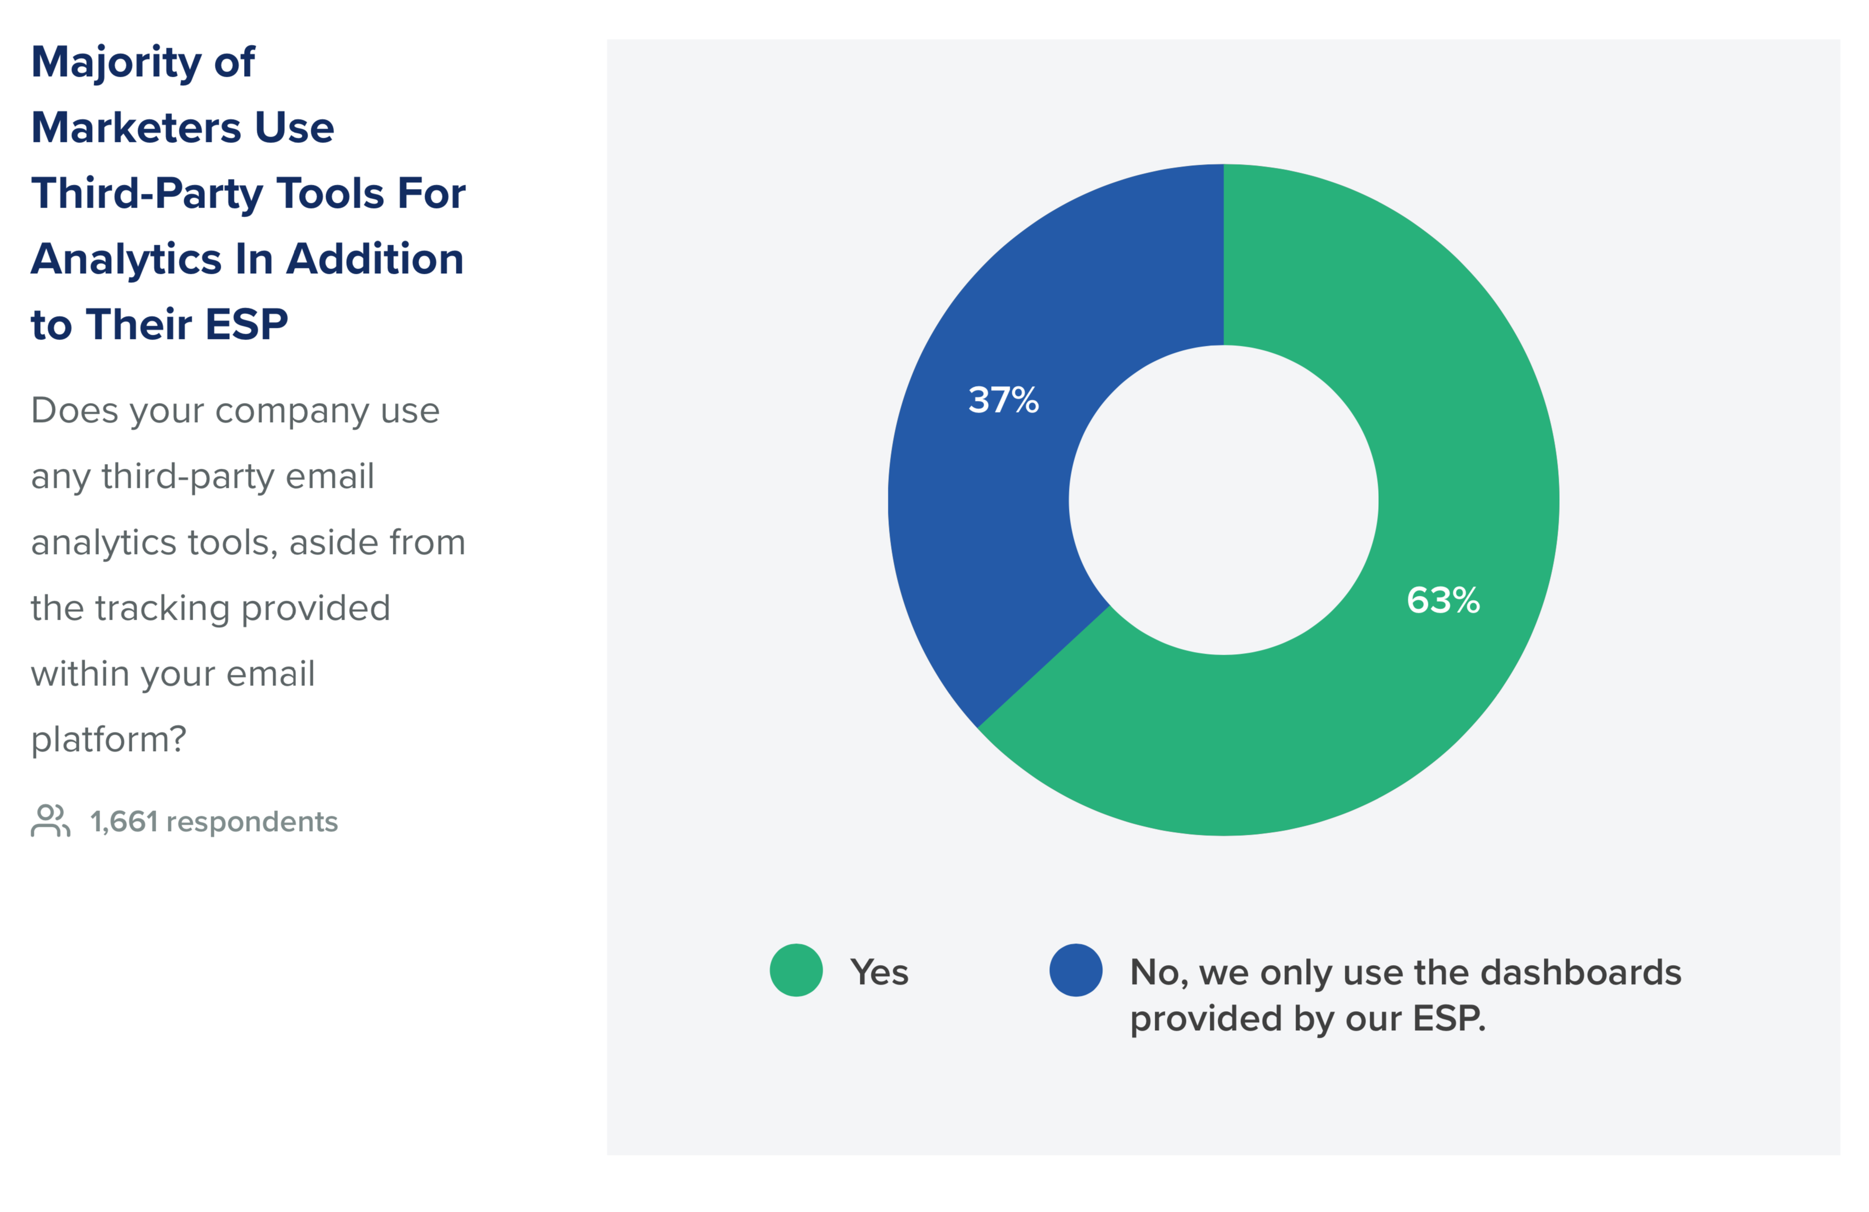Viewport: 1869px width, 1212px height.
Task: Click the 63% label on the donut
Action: coord(1443,600)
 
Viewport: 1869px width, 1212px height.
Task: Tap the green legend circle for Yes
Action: coord(796,970)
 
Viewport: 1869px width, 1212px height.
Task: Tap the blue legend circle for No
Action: coord(1076,970)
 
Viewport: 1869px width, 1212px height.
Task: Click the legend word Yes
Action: coord(879,973)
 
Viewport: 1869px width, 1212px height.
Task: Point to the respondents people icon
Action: coord(50,821)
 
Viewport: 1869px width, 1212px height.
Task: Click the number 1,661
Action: coord(124,822)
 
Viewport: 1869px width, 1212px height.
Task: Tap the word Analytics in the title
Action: coord(127,260)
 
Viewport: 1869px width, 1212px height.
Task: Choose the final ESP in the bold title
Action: coord(247,324)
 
